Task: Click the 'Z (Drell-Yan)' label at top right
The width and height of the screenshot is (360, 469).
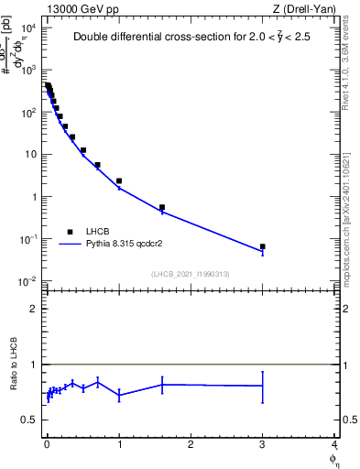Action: (x=304, y=8)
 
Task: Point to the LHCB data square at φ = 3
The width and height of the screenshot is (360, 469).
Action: (x=262, y=246)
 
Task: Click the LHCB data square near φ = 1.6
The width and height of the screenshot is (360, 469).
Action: (x=162, y=207)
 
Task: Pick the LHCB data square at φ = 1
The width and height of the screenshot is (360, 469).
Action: (x=119, y=181)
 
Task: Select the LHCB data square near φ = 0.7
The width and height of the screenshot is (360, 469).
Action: (x=97, y=165)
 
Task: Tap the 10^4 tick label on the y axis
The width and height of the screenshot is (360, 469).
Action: (x=28, y=27)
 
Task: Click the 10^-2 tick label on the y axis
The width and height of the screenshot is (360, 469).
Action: (x=28, y=281)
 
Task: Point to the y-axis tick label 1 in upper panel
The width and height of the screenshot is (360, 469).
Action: (x=33, y=197)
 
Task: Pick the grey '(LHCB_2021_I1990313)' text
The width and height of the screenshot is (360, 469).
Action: (x=191, y=274)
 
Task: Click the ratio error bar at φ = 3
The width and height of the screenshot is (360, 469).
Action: (x=262, y=387)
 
